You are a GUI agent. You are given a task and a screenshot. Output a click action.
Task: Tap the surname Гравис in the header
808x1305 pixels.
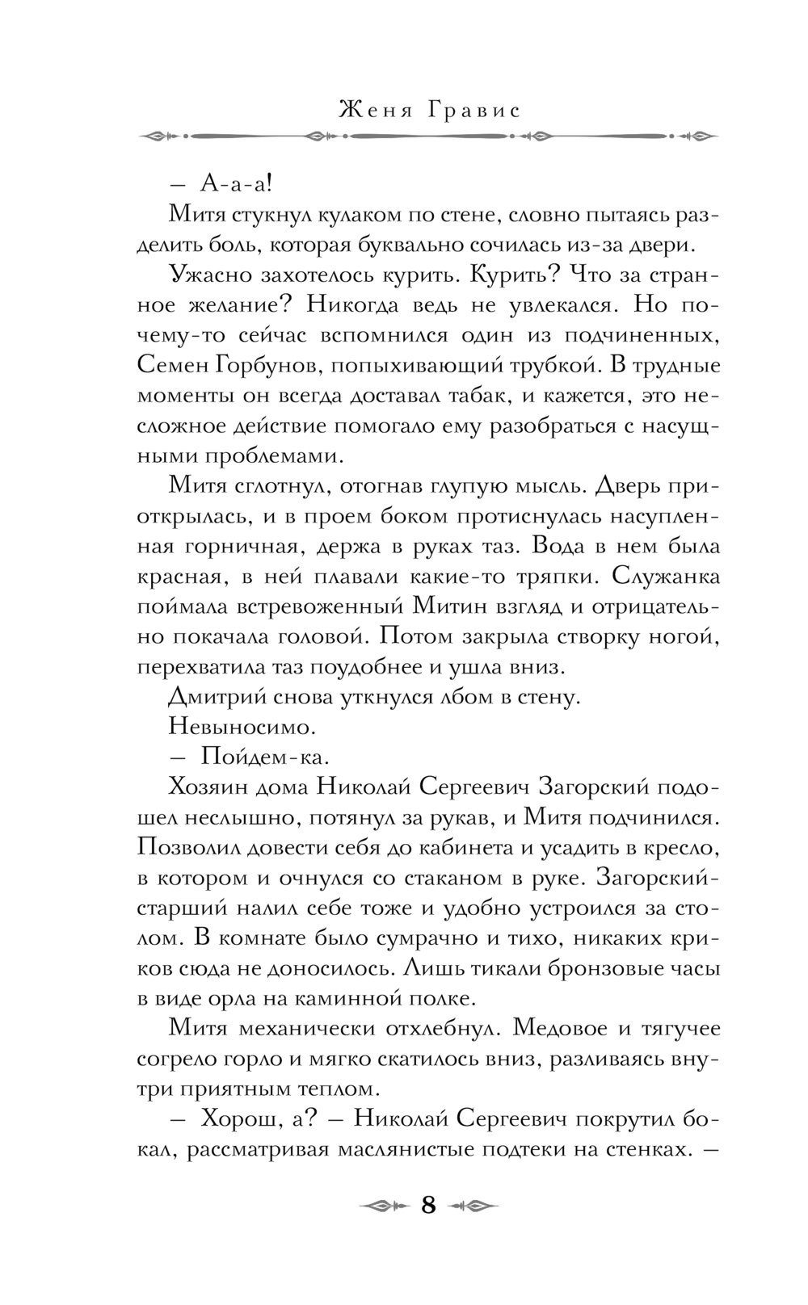tap(471, 110)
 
